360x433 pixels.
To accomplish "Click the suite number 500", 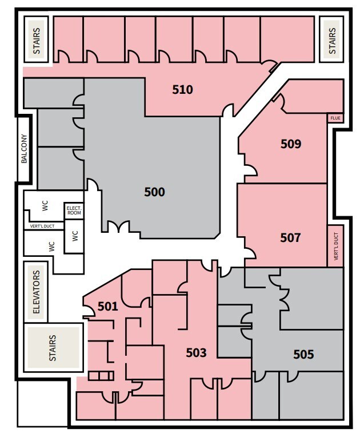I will click(x=154, y=192).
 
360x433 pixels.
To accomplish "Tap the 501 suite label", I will click(x=107, y=307).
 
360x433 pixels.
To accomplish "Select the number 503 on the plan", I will click(x=196, y=353).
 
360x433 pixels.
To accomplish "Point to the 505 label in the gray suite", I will click(x=303, y=355).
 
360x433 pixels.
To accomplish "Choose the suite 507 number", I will click(x=290, y=237).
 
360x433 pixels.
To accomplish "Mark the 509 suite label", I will click(x=290, y=144).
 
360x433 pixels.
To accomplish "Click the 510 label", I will click(x=182, y=90).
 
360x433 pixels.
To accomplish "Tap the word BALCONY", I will click(x=24, y=149).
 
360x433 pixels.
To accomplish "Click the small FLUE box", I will click(x=335, y=118).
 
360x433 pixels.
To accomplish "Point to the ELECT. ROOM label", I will click(x=74, y=210).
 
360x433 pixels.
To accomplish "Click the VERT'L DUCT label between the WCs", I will click(x=43, y=227).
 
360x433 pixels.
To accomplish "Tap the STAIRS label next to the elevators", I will click(x=53, y=348).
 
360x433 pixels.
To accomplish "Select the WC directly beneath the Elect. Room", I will click(x=74, y=236).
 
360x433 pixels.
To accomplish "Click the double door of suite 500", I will click(x=121, y=228).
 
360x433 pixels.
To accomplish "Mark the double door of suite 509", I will click(x=249, y=168).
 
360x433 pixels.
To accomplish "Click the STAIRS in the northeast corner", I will click(x=333, y=39).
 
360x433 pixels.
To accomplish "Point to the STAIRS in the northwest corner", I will click(x=38, y=39).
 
